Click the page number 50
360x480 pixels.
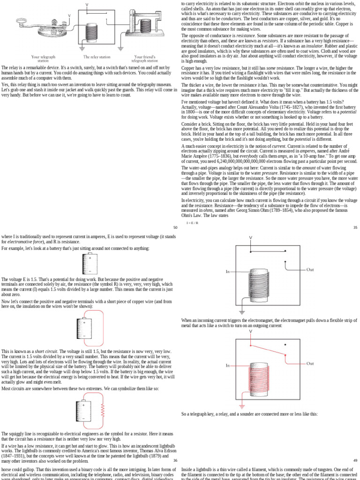pyautogui.click(x=175, y=227)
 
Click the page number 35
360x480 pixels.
pyautogui.click(x=355, y=227)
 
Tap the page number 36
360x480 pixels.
pyautogui.click(x=175, y=460)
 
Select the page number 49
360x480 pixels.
pyautogui.click(x=355, y=460)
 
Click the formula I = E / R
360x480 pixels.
pyautogui.click(x=192, y=223)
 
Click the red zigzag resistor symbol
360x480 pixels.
pyautogui.click(x=103, y=413)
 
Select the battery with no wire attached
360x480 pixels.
pyautogui.click(x=89, y=264)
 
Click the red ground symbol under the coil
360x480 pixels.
pyautogui.click(x=242, y=405)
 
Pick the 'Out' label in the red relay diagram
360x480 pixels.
pyautogui.click(x=310, y=363)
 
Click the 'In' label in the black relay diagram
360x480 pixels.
pyautogui.click(x=228, y=271)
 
